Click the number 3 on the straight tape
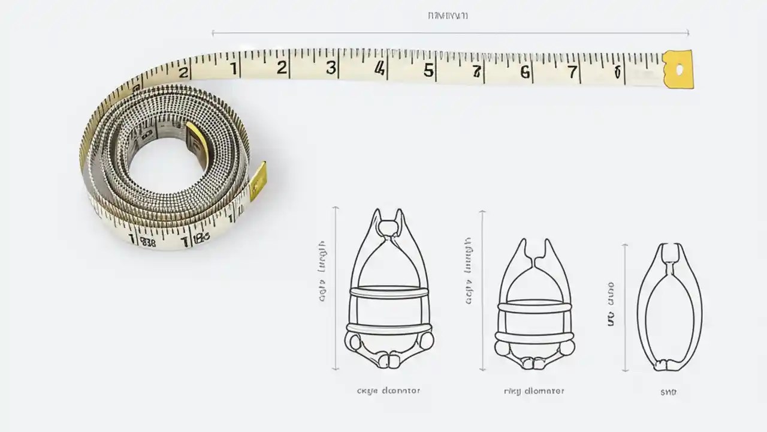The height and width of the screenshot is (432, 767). pyautogui.click(x=331, y=68)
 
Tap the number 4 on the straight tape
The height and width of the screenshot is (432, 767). pyautogui.click(x=379, y=69)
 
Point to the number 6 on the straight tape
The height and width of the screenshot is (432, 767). pyautogui.click(x=525, y=73)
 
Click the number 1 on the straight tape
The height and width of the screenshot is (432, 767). pyautogui.click(x=233, y=67)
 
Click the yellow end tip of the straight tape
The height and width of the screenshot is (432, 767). pyautogui.click(x=678, y=69)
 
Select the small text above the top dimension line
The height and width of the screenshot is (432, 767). pyautogui.click(x=448, y=16)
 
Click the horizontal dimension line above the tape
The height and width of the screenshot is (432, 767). pyautogui.click(x=449, y=33)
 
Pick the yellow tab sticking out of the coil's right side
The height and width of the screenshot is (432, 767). pyautogui.click(x=258, y=180)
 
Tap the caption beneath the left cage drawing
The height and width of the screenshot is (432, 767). pyautogui.click(x=388, y=391)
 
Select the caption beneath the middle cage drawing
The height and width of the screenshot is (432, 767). pyautogui.click(x=534, y=391)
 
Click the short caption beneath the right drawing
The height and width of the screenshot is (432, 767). pyautogui.click(x=668, y=392)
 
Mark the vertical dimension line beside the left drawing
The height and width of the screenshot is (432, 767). pyautogui.click(x=336, y=288)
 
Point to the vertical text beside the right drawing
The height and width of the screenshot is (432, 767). pyautogui.click(x=611, y=304)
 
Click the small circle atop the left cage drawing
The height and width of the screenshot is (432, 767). pyautogui.click(x=388, y=228)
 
